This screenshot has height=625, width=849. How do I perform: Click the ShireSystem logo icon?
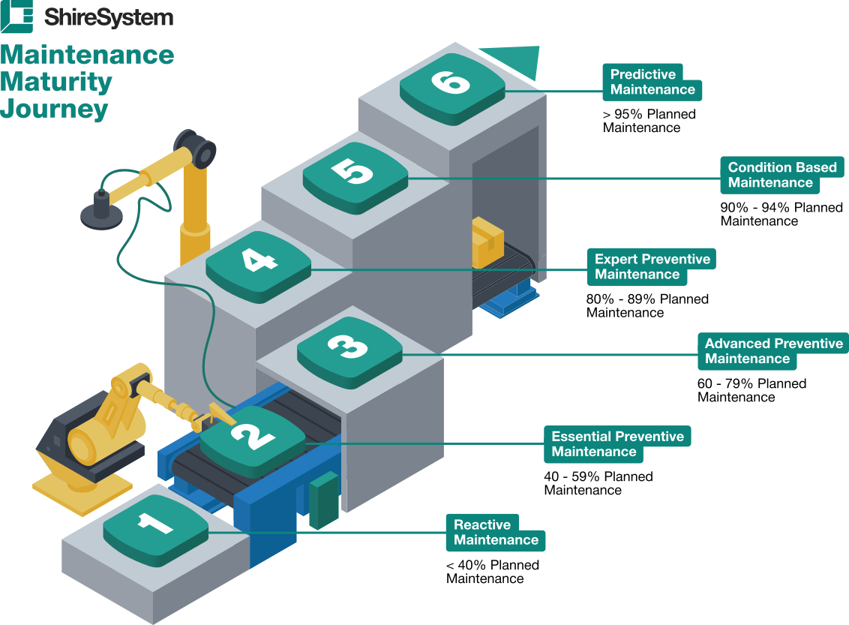[x=16, y=17]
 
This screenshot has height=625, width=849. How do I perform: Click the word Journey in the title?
[x=54, y=109]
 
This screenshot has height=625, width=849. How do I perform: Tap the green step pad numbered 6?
[x=453, y=89]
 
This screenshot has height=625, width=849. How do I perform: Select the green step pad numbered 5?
[x=355, y=178]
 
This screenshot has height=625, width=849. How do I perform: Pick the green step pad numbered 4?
[x=258, y=267]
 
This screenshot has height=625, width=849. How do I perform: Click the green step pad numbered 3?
[x=349, y=353]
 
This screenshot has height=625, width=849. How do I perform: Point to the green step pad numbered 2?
[x=253, y=441]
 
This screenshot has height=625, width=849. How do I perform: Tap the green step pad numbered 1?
[x=155, y=530]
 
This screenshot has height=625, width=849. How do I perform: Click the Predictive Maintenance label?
[x=652, y=83]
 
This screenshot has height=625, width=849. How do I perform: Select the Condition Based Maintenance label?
[x=781, y=175]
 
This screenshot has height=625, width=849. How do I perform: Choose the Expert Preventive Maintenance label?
[x=651, y=267]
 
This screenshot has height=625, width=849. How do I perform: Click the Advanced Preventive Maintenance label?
[x=772, y=351]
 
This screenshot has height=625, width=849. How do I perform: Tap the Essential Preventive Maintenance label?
[x=617, y=444]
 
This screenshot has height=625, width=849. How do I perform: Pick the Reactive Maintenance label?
[x=496, y=533]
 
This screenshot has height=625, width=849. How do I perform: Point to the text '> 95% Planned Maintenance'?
[x=649, y=121]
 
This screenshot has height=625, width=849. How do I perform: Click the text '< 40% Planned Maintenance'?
[x=493, y=572]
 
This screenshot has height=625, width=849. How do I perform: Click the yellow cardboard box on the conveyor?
[x=487, y=242]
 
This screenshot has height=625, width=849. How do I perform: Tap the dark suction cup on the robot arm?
[x=102, y=212]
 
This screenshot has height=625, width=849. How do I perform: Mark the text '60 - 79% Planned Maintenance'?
[x=751, y=390]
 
